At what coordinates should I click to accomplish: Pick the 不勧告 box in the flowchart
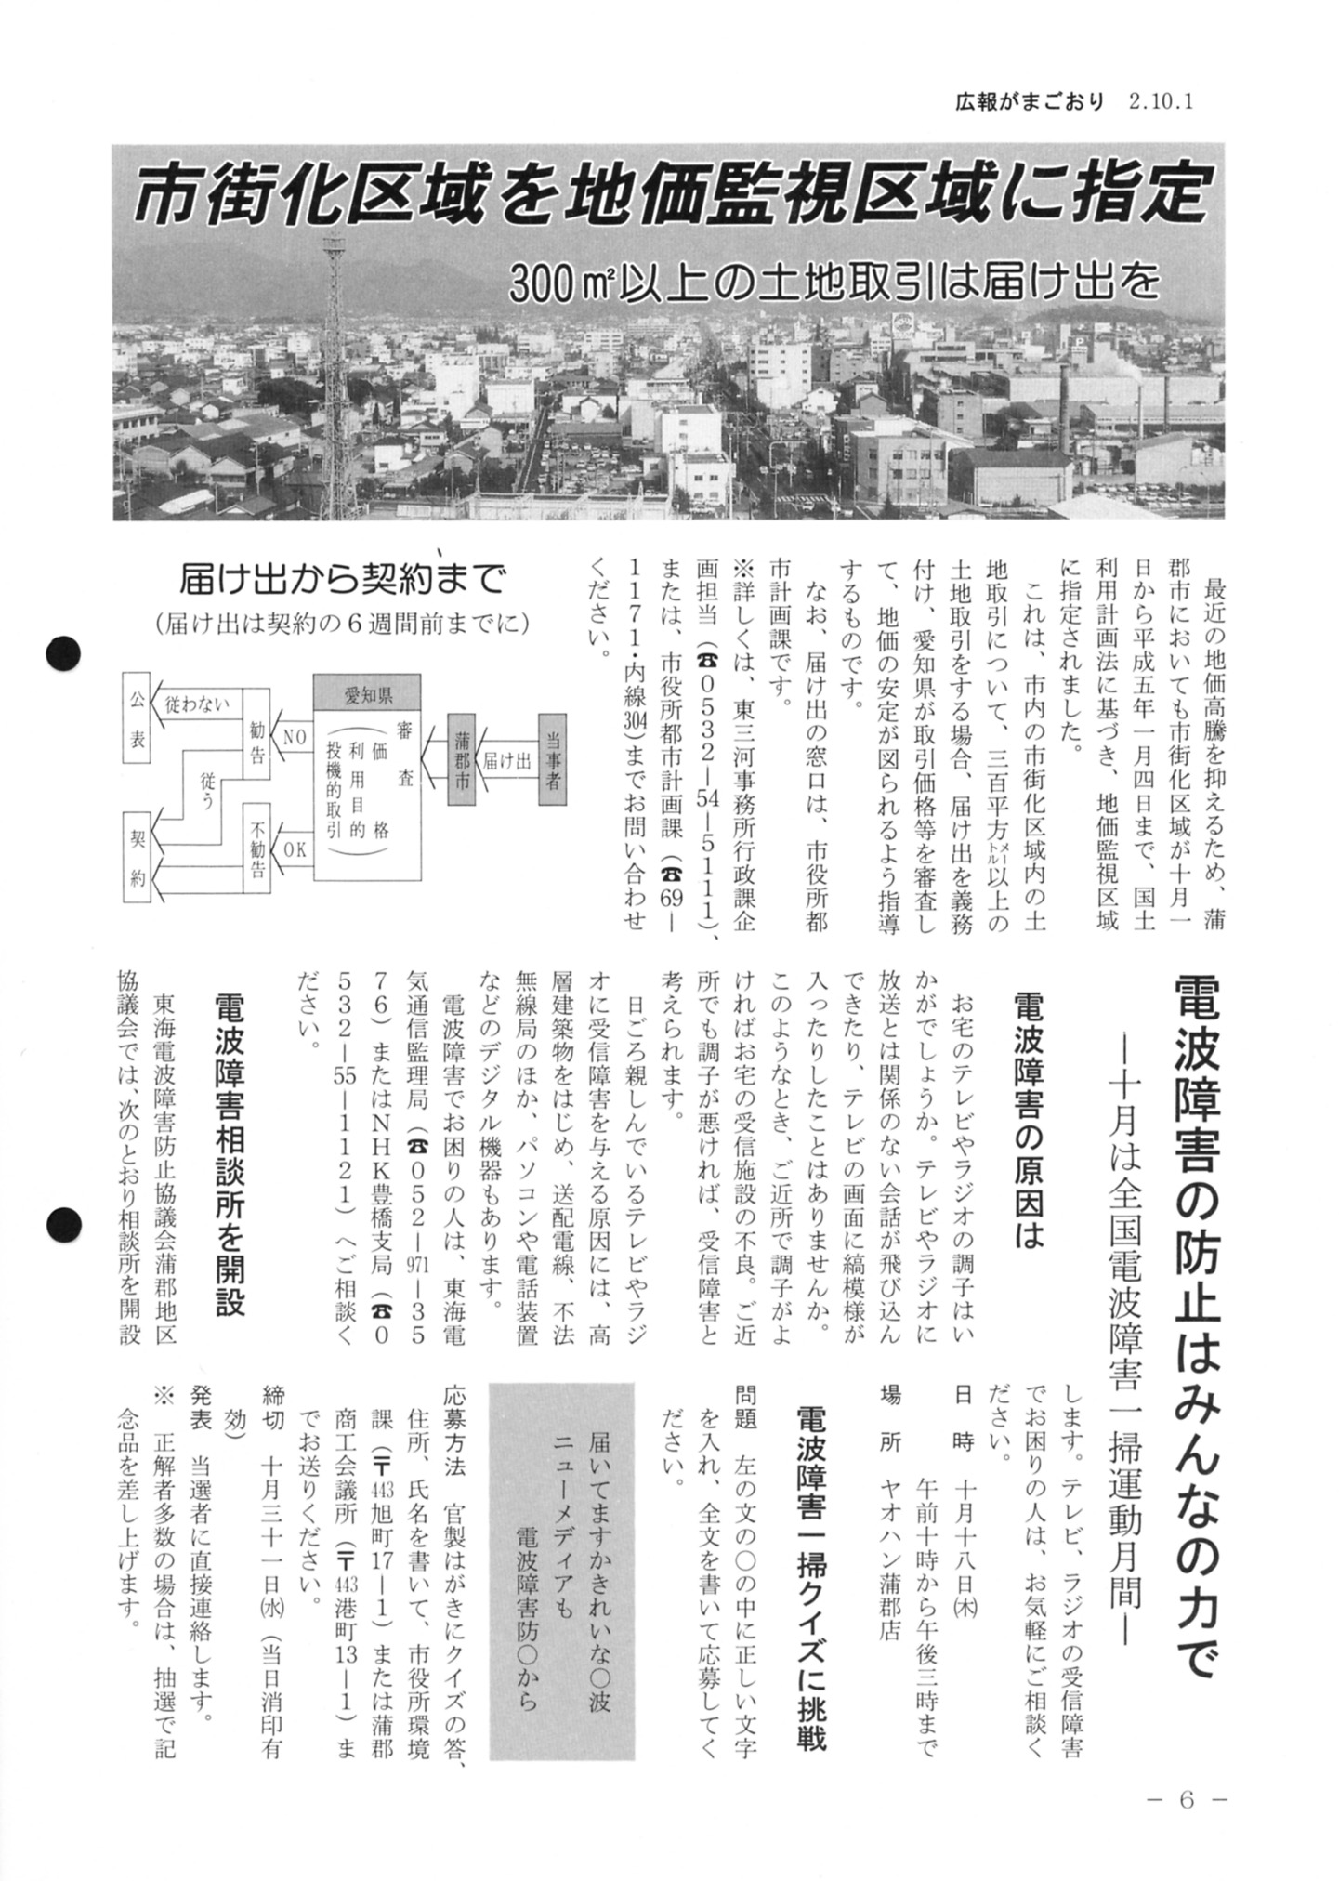[257, 847]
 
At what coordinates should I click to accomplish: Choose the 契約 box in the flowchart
[138, 856]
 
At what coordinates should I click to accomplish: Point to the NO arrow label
[295, 737]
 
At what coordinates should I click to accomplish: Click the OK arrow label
[295, 848]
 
